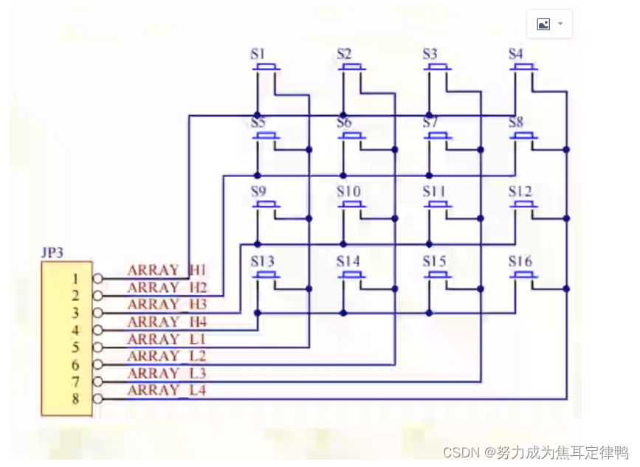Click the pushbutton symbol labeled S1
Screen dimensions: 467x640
pyautogui.click(x=266, y=69)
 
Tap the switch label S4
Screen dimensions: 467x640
pyautogui.click(x=516, y=54)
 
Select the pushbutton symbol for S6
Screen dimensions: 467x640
pyautogui.click(x=352, y=136)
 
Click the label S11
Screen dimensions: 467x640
pyautogui.click(x=434, y=192)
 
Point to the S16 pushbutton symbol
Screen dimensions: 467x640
pyautogui.click(x=524, y=275)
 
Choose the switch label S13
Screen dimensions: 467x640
pyautogui.click(x=262, y=261)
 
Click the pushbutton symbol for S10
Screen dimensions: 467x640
pyautogui.click(x=352, y=206)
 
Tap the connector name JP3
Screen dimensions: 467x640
pyautogui.click(x=52, y=252)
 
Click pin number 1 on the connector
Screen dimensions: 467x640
pyautogui.click(x=75, y=279)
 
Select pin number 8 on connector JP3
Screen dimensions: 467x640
pyautogui.click(x=75, y=400)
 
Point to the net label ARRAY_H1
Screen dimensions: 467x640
pyautogui.click(x=168, y=270)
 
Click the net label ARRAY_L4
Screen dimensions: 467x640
pyautogui.click(x=168, y=390)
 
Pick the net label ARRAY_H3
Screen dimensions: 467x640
pyautogui.click(x=168, y=305)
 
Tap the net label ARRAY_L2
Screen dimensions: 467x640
pyautogui.click(x=168, y=356)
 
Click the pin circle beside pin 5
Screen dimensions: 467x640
pyautogui.click(x=97, y=347)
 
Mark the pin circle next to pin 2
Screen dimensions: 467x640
pyautogui.click(x=97, y=296)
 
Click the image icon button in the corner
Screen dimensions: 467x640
pyautogui.click(x=549, y=24)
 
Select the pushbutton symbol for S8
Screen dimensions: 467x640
pyautogui.click(x=524, y=136)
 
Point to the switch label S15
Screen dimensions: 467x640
pyautogui.click(x=434, y=261)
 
